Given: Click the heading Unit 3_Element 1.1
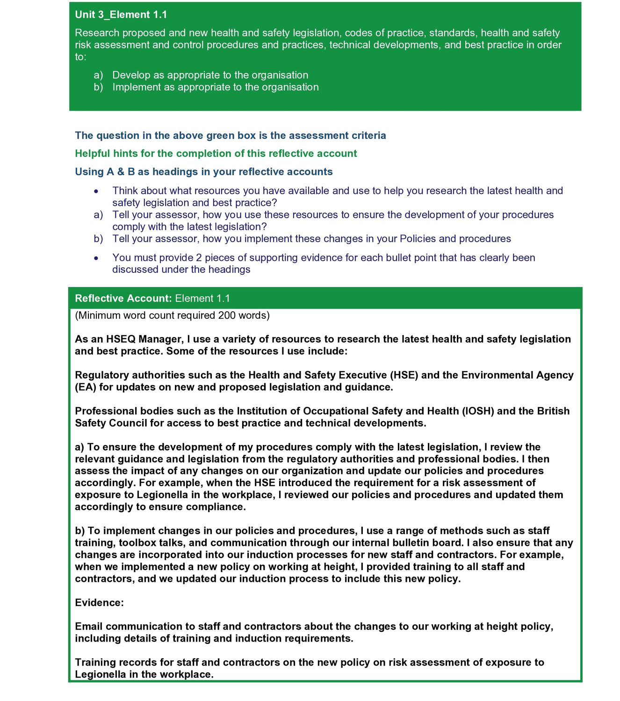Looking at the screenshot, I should (x=121, y=14).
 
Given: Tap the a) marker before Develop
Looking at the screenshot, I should (x=98, y=75).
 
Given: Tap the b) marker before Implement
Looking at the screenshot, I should (x=98, y=87).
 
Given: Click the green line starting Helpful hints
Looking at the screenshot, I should (x=216, y=153).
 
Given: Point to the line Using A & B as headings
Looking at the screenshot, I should (x=203, y=172).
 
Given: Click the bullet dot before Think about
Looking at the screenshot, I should (x=96, y=191).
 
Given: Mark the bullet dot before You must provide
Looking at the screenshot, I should (x=96, y=258).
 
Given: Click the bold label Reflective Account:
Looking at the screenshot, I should (x=123, y=298).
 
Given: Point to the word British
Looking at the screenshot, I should (x=553, y=411).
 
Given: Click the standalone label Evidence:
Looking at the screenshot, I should (x=99, y=603).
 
